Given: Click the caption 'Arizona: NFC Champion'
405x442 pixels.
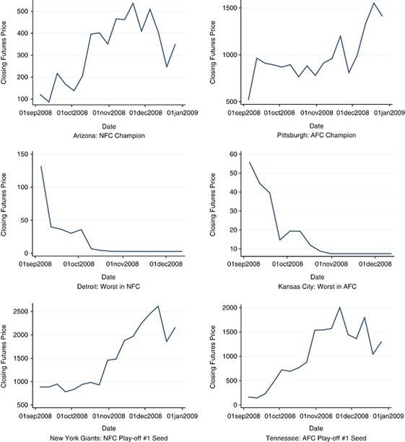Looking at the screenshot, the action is pyautogui.click(x=109, y=136).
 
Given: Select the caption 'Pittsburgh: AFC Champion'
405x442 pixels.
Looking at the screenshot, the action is pyautogui.click(x=316, y=135).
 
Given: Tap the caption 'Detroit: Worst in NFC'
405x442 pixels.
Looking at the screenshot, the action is pyautogui.click(x=108, y=287).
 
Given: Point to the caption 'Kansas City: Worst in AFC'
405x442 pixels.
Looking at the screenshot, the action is pyautogui.click(x=317, y=287).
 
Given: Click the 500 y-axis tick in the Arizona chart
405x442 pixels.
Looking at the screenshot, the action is pyautogui.click(x=23, y=12).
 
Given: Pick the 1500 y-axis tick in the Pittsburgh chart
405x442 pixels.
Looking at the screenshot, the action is pyautogui.click(x=230, y=8).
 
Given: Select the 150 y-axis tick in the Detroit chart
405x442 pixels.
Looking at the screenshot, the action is pyautogui.click(x=23, y=154).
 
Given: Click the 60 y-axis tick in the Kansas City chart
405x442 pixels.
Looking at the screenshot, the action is pyautogui.click(x=234, y=154).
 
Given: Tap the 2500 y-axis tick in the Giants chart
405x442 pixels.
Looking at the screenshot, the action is pyautogui.click(x=21, y=311).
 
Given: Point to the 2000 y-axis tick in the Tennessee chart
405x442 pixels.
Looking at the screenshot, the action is pyautogui.click(x=230, y=308).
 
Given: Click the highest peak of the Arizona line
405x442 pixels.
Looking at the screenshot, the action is pyautogui.click(x=133, y=3).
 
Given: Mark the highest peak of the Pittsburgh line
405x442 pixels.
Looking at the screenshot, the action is pyautogui.click(x=374, y=3).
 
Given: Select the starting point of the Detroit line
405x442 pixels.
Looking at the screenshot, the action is pyautogui.click(x=41, y=166).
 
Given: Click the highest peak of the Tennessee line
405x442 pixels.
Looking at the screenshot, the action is pyautogui.click(x=339, y=308).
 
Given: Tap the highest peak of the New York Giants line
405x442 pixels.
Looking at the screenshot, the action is pyautogui.click(x=158, y=306).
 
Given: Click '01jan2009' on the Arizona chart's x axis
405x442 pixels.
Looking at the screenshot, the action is pyautogui.click(x=183, y=113).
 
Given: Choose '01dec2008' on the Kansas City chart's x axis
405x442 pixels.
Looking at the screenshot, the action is pyautogui.click(x=375, y=264).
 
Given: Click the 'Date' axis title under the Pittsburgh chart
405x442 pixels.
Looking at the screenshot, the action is pyautogui.click(x=316, y=126).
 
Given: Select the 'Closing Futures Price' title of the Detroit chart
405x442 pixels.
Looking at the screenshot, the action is pyautogui.click(x=4, y=204).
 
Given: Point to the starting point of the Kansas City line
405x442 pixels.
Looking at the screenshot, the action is pyautogui.click(x=250, y=162).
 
